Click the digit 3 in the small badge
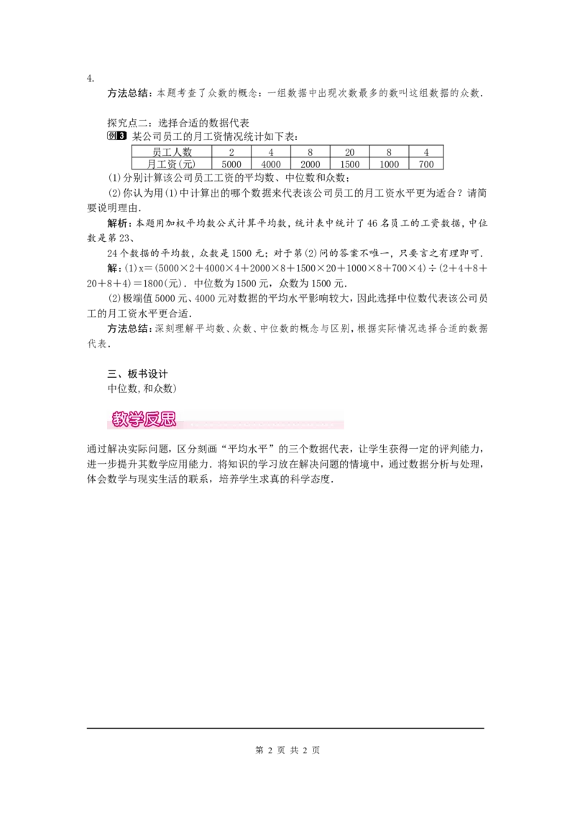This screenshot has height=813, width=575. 123,136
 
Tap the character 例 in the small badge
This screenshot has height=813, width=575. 111,136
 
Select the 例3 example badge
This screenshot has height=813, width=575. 117,136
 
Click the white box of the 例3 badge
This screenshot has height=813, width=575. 111,136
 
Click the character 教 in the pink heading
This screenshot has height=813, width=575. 119,419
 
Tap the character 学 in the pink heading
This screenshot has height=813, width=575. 135,419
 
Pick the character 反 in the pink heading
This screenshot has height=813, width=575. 152,419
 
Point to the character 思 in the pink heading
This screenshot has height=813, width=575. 167,419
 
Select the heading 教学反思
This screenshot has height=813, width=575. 144,419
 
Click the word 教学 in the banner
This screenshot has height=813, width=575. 127,419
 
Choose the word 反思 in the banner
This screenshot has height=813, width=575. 160,419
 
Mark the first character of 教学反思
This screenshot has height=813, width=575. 119,419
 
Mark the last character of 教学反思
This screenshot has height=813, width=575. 167,419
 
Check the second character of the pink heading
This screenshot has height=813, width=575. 135,419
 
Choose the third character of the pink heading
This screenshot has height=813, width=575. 152,419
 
